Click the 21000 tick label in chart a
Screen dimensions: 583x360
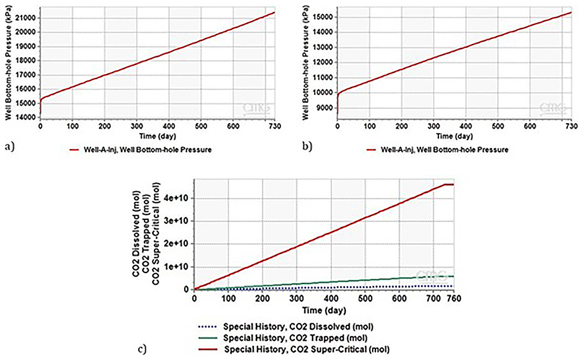point(27,18)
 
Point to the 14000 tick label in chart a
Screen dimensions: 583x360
point(27,117)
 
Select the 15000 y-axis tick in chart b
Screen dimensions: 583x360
point(324,17)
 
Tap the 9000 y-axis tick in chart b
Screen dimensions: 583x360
point(325,108)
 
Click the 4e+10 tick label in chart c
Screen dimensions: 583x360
point(177,198)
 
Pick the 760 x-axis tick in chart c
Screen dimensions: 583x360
point(454,298)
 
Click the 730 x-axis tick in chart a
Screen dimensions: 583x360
point(275,126)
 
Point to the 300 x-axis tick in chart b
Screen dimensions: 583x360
point(434,126)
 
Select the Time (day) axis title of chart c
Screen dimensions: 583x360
point(324,310)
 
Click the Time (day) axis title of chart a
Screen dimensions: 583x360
point(157,136)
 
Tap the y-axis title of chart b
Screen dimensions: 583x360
point(305,62)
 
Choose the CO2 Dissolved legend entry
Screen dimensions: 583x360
point(286,327)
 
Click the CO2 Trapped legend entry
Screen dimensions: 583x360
point(283,338)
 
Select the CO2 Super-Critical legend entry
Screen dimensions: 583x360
point(294,349)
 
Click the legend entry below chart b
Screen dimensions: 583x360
point(437,149)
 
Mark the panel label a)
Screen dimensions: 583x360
point(10,146)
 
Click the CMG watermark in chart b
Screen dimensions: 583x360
point(553,109)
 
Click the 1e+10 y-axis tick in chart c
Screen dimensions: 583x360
point(177,267)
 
